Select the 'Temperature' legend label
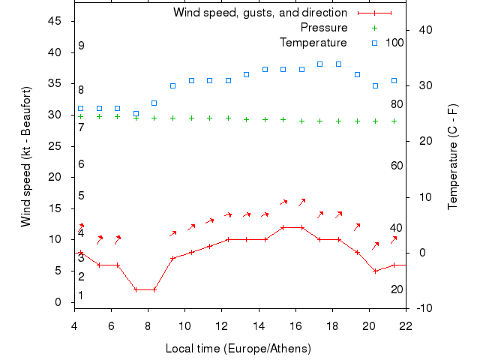click(313, 43)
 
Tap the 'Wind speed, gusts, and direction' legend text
click(259, 13)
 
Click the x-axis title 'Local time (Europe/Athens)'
click(238, 349)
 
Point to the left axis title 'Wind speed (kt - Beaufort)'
click(25, 167)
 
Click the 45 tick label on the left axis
click(55, 21)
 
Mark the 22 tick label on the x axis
click(406, 325)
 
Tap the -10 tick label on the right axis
click(424, 308)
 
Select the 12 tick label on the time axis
click(221, 325)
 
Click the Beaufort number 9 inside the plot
click(81, 46)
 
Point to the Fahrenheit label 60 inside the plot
click(397, 166)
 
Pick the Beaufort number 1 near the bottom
click(81, 295)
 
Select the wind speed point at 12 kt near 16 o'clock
click(302, 227)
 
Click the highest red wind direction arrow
click(302, 201)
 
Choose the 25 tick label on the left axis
click(55, 146)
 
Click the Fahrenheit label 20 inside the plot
click(397, 289)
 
